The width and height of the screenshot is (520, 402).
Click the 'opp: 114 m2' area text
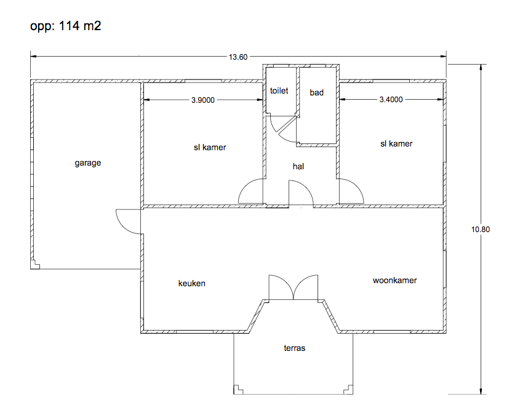[x=65, y=26]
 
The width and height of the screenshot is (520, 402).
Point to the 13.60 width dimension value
[x=238, y=57]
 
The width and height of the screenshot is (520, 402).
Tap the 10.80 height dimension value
[x=481, y=229]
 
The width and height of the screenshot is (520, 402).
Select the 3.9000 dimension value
[x=203, y=100]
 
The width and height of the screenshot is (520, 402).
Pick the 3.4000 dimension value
[x=391, y=100]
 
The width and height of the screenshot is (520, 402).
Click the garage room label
[x=88, y=163]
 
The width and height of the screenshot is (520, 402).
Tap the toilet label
[x=279, y=90]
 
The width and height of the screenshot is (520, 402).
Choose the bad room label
[x=317, y=92]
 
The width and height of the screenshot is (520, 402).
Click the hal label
[x=298, y=166]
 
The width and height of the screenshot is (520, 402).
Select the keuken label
[x=191, y=284]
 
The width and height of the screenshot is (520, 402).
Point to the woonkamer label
[x=394, y=280]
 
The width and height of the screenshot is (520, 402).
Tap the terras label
[x=295, y=348]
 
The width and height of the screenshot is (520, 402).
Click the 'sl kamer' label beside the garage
[x=210, y=147]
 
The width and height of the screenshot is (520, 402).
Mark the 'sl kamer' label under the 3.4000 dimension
[x=396, y=143]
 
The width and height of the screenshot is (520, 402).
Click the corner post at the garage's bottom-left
[x=35, y=265]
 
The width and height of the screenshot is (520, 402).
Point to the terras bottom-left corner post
[x=238, y=390]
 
